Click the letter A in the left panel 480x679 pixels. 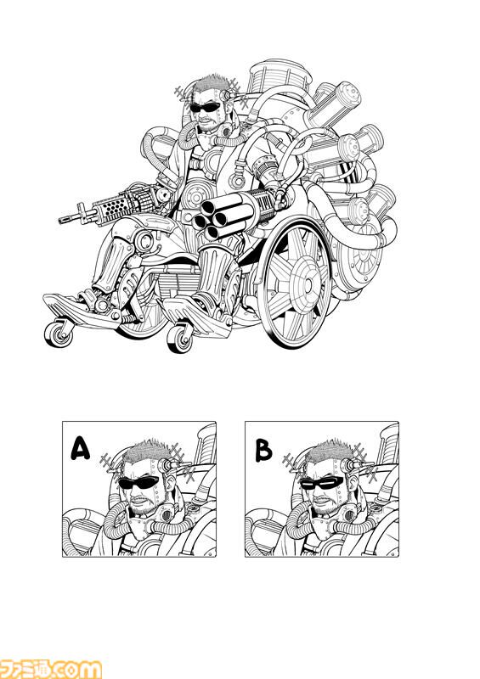tap(80, 448)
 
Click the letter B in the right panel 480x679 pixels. tap(263, 451)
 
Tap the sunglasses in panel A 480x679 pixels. tap(139, 482)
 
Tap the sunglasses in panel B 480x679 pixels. tap(322, 482)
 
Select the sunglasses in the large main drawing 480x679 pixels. tap(205, 107)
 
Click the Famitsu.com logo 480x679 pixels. tap(51, 668)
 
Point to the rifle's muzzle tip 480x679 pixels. tap(60, 221)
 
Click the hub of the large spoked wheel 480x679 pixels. tap(308, 284)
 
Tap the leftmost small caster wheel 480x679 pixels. tap(59, 334)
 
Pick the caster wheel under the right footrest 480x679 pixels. tap(180, 338)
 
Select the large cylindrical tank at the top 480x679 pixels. tap(279, 77)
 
